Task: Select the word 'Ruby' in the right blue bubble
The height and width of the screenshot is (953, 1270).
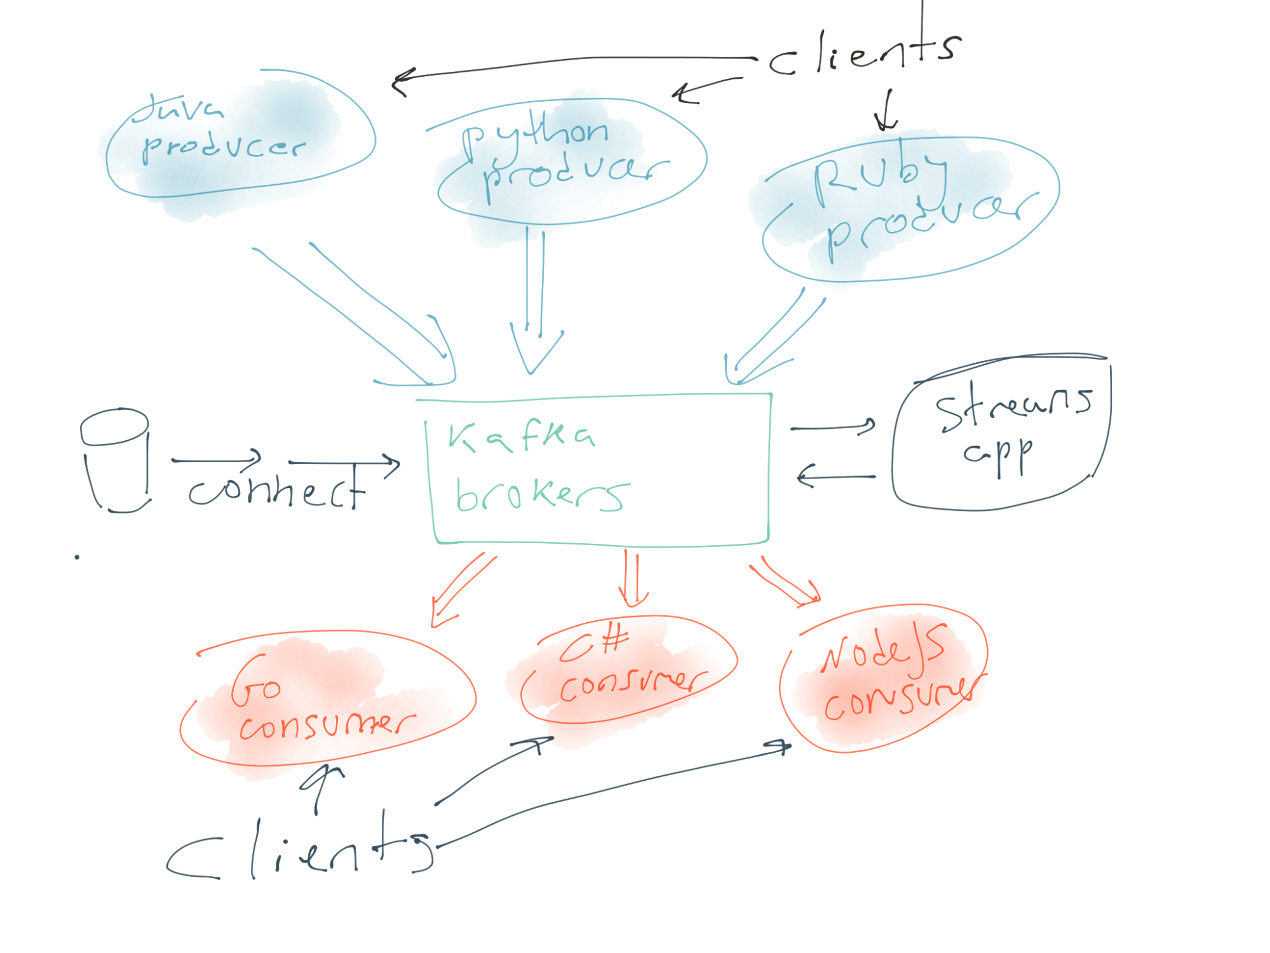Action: coord(879,179)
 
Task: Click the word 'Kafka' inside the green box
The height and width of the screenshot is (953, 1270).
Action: coord(521,437)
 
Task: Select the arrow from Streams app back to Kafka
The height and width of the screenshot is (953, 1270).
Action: coord(836,476)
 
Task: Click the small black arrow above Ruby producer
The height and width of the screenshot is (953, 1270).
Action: coord(887,111)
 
